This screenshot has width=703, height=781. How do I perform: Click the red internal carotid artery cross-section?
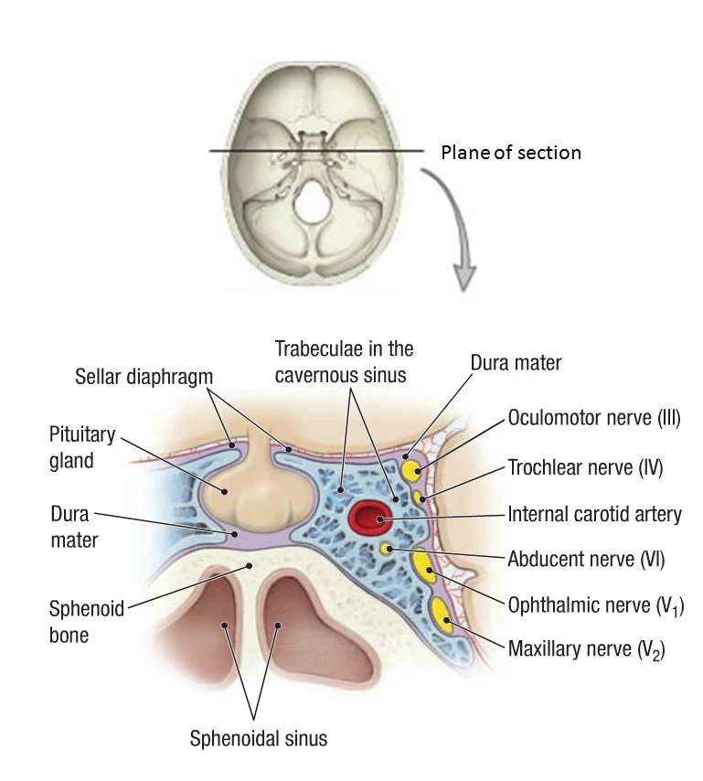(369, 519)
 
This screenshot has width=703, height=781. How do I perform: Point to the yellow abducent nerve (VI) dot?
(388, 549)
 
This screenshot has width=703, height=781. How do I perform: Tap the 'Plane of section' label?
(511, 152)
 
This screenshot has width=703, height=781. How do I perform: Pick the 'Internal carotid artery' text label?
(594, 513)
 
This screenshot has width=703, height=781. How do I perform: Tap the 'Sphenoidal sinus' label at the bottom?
(258, 738)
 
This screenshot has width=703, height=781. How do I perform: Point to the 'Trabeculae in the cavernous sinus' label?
(344, 359)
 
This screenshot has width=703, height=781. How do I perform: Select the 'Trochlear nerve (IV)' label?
(585, 468)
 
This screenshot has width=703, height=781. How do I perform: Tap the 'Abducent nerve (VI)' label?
(585, 558)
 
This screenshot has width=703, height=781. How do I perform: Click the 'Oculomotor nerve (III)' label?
(593, 421)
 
